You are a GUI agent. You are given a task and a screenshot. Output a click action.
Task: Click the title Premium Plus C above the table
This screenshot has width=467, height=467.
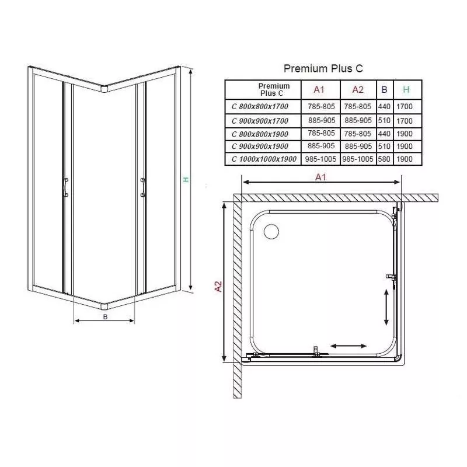tap(323, 68)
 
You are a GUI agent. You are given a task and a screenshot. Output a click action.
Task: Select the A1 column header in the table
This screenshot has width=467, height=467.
tap(319, 90)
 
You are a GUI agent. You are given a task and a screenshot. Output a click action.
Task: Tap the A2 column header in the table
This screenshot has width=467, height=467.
tap(358, 90)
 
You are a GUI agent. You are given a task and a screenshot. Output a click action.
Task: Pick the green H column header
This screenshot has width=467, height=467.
tap(406, 89)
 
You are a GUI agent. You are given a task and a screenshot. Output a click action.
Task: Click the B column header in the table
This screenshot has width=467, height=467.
tap(384, 89)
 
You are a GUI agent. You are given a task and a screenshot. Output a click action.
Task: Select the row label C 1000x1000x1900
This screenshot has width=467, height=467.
tap(264, 159)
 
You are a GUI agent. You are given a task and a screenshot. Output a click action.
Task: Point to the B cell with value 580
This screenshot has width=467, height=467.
tap(384, 159)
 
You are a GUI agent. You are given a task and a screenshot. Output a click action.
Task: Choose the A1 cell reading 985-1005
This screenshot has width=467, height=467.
tap(320, 159)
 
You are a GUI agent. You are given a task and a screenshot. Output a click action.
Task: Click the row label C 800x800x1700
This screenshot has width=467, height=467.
tap(260, 107)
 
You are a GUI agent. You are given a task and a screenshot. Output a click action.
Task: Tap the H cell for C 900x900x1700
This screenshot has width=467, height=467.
tap(405, 121)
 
